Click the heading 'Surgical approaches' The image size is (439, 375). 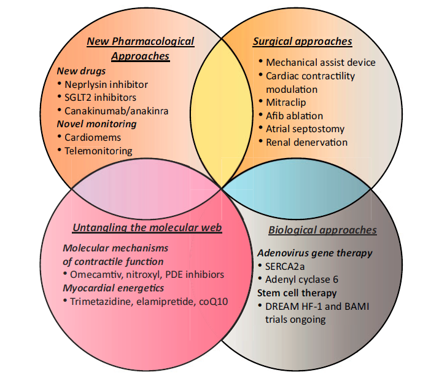click(303, 42)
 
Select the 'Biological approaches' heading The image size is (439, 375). click(322, 230)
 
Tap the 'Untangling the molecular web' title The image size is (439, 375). click(147, 227)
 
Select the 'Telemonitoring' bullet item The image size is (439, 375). click(99, 151)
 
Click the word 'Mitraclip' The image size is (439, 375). click(286, 102)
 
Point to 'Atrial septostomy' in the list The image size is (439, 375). click(305, 129)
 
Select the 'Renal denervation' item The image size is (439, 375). click(307, 143)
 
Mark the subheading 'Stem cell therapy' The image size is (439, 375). click(298, 293)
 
